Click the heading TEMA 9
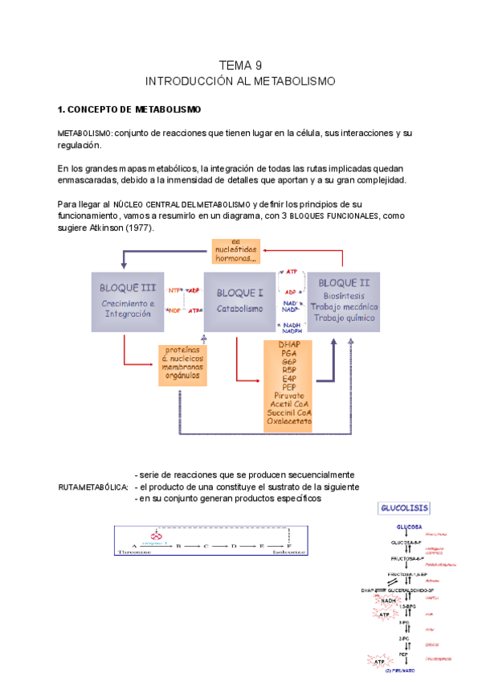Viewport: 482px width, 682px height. (x=240, y=65)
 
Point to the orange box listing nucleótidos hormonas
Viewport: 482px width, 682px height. (x=240, y=251)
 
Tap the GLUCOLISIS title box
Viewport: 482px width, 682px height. (x=404, y=508)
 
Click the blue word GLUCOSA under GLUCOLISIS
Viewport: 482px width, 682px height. (x=409, y=527)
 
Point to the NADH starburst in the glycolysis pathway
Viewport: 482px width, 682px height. (x=389, y=600)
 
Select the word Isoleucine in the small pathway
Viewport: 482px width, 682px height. (x=288, y=553)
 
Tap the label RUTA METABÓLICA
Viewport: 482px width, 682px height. (x=93, y=487)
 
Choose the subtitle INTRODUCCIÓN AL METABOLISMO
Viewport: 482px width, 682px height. (x=240, y=81)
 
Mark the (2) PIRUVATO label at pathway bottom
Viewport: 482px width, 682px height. (x=399, y=670)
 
